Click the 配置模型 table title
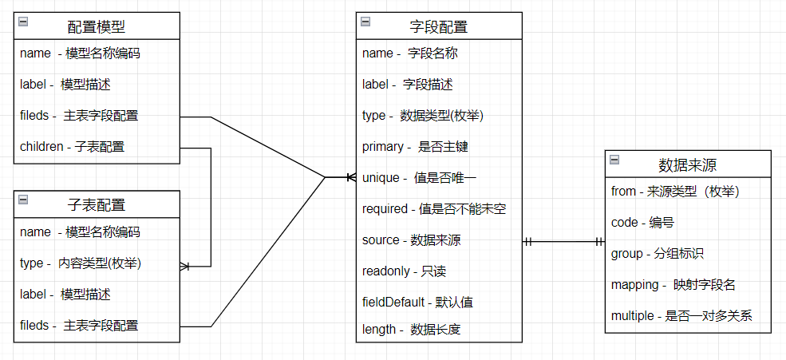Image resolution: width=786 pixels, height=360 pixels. click(96, 26)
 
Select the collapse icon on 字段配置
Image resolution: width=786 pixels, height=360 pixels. click(365, 22)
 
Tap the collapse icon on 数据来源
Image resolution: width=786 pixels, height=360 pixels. click(614, 160)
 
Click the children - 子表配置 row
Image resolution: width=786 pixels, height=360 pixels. click(72, 147)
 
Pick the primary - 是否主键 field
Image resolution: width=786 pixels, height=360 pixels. click(416, 147)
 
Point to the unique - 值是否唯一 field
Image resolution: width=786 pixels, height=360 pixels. click(420, 178)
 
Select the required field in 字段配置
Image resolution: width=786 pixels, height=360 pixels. click(434, 209)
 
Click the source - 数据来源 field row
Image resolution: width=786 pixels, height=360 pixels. click(412, 240)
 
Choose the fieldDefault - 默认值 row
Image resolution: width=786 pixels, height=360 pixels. click(417, 303)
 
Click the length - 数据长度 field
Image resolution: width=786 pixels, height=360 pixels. click(412, 330)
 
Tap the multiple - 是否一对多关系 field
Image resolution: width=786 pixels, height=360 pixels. click(681, 316)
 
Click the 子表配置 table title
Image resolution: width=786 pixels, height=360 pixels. click(96, 204)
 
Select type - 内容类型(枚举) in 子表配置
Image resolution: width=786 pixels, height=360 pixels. click(81, 263)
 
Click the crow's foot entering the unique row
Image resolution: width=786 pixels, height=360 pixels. click(351, 177)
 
